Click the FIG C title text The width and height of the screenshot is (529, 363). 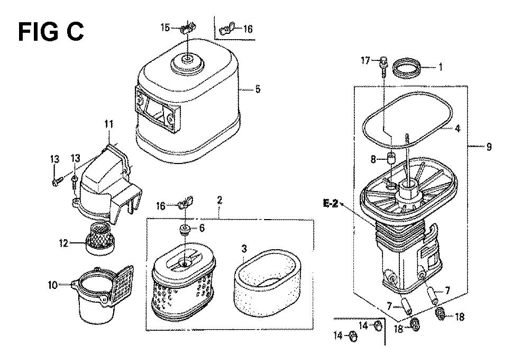pos(51,32)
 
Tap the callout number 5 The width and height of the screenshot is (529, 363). pos(258,89)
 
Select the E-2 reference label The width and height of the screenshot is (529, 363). pos(330,203)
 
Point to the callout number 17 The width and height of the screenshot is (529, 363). pos(366,61)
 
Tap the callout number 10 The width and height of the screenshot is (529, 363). pos(52,285)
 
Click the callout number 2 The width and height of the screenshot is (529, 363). pos(220,200)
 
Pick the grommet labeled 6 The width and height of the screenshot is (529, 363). pos(185,230)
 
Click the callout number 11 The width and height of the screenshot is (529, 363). pos(108,124)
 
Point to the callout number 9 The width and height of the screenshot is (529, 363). pos(489,147)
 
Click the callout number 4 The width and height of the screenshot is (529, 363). pos(458,129)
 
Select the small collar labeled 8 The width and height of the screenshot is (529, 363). pos(391,158)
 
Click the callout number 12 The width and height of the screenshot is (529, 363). pos(64,243)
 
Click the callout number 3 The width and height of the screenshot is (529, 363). pos(244,249)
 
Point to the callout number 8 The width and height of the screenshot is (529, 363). pos(373,159)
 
